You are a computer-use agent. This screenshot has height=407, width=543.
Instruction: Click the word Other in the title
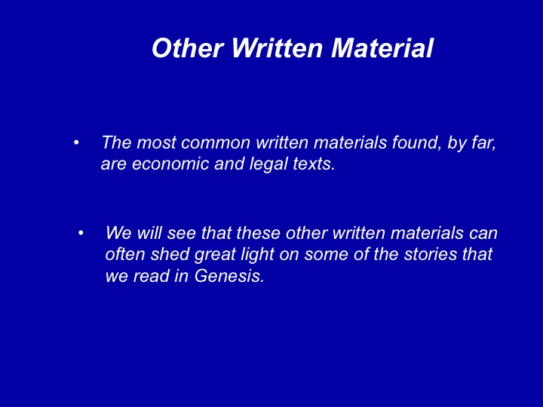coord(188,47)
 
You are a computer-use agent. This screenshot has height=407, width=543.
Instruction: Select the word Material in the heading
coord(382,47)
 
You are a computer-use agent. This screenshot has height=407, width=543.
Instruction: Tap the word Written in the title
coord(277,47)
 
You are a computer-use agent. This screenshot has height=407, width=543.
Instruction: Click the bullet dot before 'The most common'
coord(76,142)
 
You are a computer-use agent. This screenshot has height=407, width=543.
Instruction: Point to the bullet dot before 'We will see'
coord(81,233)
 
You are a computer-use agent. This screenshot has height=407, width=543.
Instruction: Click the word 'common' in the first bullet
coord(216,142)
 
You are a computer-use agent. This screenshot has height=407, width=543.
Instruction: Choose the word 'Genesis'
coord(229,276)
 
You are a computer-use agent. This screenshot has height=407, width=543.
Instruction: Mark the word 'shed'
coord(170,255)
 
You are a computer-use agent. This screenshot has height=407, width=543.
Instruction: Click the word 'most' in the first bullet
coord(156,142)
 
